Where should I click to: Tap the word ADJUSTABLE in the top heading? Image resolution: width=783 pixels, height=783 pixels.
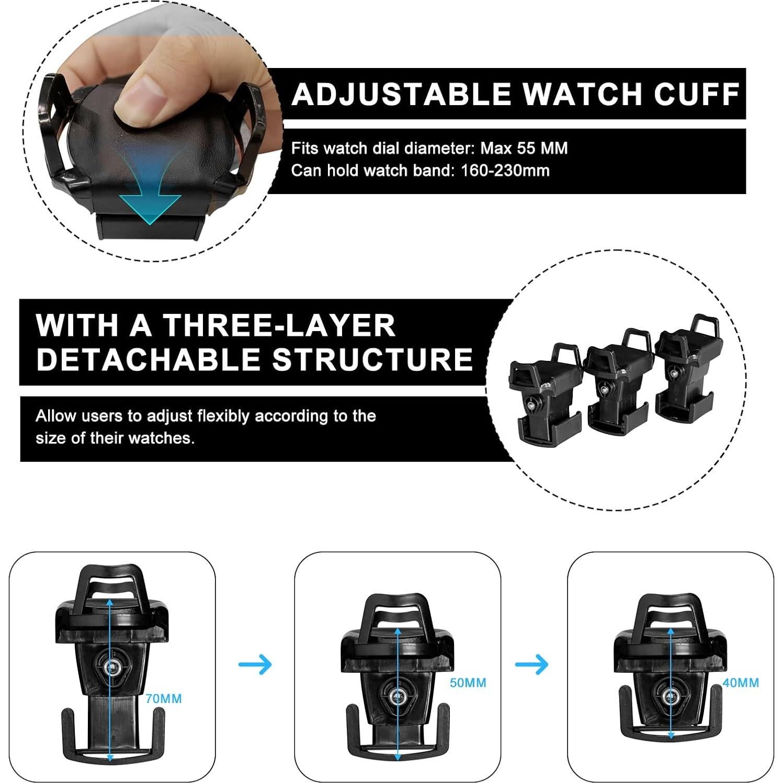pos(401,94)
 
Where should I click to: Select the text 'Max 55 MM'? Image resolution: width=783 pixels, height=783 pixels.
pos(524,148)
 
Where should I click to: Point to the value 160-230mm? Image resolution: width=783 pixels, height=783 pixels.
pos(505,171)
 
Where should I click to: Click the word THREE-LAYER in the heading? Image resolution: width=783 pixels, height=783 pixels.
pos(279,325)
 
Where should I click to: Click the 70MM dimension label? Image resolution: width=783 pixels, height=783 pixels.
pos(164,699)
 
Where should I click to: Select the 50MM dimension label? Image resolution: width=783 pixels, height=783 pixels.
pos(468,683)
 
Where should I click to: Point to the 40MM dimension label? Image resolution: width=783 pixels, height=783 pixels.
pos(741,683)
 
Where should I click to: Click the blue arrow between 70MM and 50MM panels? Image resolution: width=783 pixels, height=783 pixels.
pos(255,665)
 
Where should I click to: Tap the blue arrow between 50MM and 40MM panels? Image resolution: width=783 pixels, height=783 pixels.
pos(531,665)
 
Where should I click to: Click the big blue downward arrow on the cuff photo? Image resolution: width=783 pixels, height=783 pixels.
pos(149,204)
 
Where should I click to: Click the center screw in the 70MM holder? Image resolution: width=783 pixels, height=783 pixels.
pos(110,667)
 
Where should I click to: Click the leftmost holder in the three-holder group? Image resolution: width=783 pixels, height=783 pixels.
pos(544,392)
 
